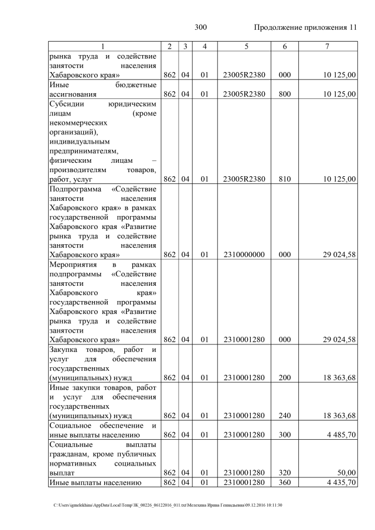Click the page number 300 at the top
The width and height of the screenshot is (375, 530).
[200, 28]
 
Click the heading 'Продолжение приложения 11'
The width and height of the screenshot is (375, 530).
[305, 28]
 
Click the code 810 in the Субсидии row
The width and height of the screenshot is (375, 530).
[285, 179]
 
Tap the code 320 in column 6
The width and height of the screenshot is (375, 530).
[285, 472]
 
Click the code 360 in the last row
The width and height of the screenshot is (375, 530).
[285, 483]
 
